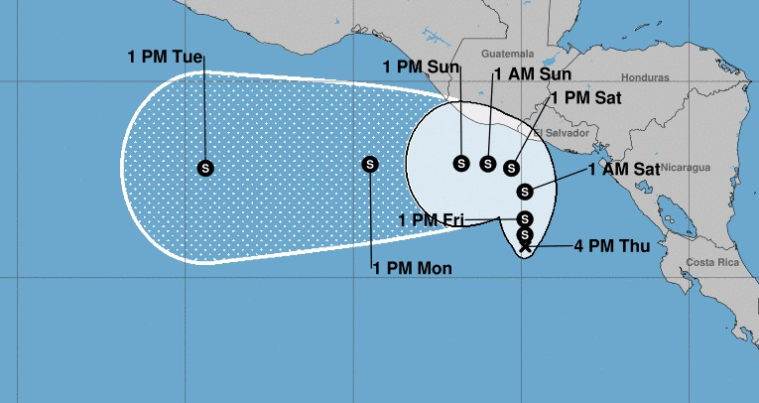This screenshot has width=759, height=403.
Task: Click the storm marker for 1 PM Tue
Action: click(205, 168)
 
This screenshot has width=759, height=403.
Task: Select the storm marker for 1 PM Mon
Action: click(370, 165)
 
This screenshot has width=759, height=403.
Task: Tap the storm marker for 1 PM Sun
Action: click(461, 163)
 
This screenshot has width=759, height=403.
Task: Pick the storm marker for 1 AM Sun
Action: click(487, 164)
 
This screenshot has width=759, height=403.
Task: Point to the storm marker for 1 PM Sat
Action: click(512, 169)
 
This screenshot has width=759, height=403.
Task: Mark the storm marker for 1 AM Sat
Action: click(525, 192)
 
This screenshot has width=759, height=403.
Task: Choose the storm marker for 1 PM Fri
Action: click(525, 219)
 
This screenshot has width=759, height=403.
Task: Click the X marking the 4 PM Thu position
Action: click(525, 245)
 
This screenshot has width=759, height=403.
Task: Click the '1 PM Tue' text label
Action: click(165, 57)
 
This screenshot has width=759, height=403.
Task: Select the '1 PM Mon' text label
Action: click(413, 267)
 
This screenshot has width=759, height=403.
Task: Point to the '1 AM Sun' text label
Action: click(533, 74)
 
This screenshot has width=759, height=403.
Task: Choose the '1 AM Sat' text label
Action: click(624, 170)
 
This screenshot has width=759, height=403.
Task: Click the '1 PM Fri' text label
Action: click(432, 220)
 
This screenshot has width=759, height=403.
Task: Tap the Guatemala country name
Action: click(506, 54)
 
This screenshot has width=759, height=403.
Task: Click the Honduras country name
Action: click(646, 77)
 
